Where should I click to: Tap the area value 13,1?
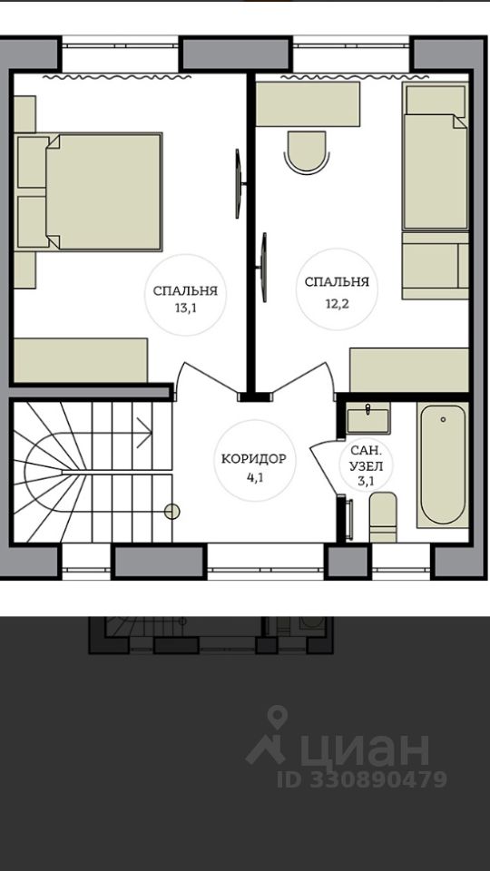(x=185, y=309)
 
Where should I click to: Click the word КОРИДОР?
(x=254, y=459)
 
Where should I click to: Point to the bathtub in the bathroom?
(x=443, y=465)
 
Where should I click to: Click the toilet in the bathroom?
(x=383, y=516)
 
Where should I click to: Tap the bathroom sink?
(x=367, y=418)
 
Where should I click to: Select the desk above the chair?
(x=308, y=104)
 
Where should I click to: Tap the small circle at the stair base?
(x=172, y=511)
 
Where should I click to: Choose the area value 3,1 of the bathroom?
(x=365, y=482)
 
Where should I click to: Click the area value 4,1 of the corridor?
(x=254, y=476)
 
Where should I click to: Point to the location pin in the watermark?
(x=276, y=718)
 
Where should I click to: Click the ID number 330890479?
(x=377, y=779)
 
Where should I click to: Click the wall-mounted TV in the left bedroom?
(x=239, y=183)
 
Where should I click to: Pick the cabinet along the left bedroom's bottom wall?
(x=81, y=360)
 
